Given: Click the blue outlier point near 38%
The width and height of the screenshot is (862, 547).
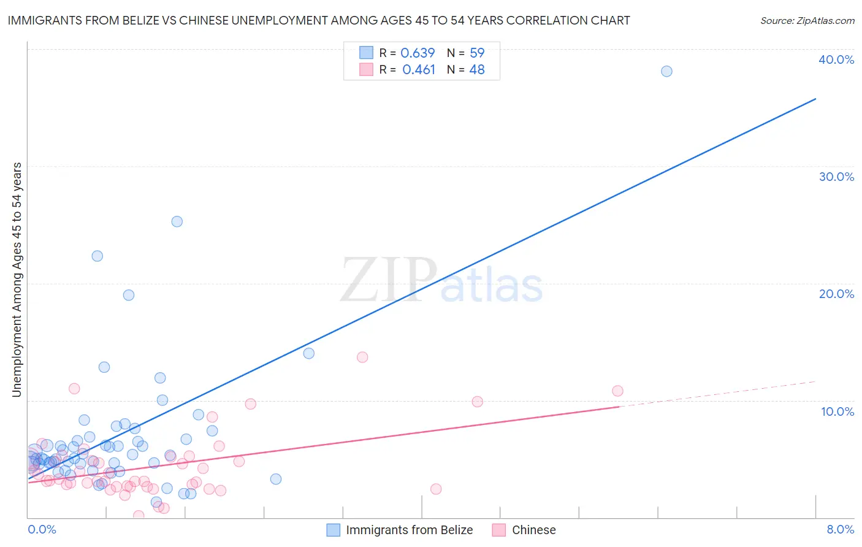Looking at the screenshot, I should pos(666,71).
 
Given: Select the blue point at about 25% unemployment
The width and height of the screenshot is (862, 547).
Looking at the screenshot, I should pos(177,221).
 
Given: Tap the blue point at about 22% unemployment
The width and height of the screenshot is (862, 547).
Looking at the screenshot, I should pos(97,256).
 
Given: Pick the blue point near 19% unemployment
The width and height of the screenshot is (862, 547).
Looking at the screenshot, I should pos(129,295).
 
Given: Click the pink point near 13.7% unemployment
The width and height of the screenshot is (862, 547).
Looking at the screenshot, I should pos(362,357).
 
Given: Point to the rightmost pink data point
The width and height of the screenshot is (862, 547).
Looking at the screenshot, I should pos(617,391).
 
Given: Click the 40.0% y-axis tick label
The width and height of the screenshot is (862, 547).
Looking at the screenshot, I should pos(836,59).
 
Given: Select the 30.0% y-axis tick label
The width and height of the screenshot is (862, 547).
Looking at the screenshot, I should pos(836,177).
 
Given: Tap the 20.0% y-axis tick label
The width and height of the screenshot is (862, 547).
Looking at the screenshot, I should pos(836,294).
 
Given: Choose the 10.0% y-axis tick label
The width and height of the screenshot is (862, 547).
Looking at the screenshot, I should pos(837,411).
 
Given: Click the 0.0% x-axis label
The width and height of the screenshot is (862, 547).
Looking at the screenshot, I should pos(42,529).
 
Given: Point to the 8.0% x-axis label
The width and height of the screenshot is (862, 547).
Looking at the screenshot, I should pos(840,529).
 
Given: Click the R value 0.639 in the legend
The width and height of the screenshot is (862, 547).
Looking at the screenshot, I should pos(418,53).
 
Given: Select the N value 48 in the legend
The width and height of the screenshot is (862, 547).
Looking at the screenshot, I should pos(477,70).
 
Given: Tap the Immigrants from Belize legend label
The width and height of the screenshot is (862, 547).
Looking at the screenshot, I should pos(409,530).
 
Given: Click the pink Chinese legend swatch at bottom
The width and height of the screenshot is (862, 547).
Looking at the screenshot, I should pos(499,530).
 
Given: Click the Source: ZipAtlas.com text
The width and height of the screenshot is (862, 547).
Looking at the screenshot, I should pos(807,20).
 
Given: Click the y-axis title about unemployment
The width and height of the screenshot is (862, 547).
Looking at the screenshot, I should pos(17,279).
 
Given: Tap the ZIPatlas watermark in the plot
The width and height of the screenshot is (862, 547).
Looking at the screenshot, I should pos(441,280).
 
